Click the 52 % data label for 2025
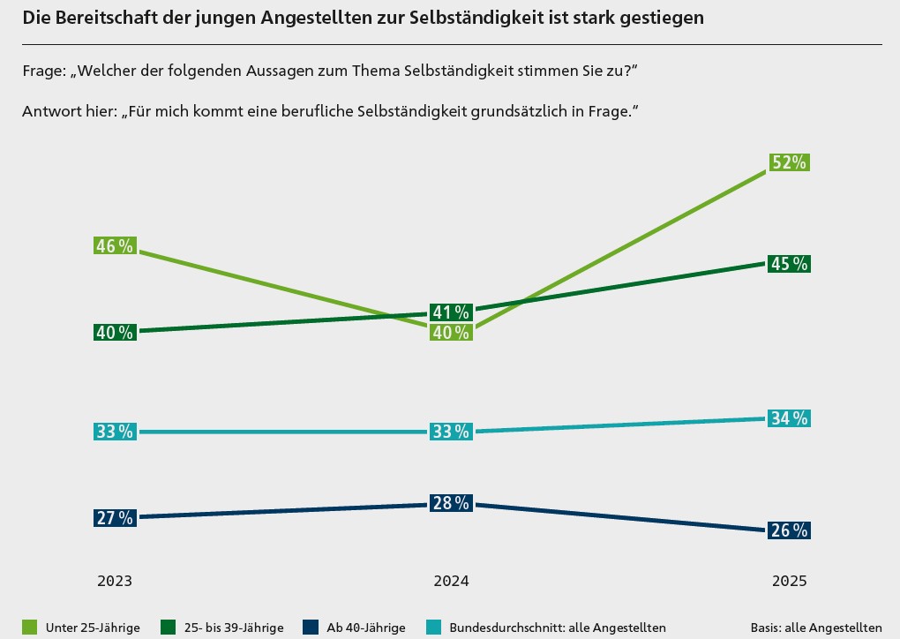pos(788,162)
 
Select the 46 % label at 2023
pos(115,246)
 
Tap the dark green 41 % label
pos(451,312)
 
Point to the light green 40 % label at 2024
pos(451,333)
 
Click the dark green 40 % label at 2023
pos(115,333)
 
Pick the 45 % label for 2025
pos(788,264)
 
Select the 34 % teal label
pos(788,418)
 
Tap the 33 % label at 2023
pos(115,432)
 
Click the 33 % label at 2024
pos(451,432)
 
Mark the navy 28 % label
pos(451,503)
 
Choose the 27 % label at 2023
pos(115,518)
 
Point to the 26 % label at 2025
pos(788,530)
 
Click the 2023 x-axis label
pos(115,582)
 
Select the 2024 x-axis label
pos(451,582)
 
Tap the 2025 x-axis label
pos(789,582)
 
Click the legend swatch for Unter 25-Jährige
pos(30,628)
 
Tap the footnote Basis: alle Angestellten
pos(816,628)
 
